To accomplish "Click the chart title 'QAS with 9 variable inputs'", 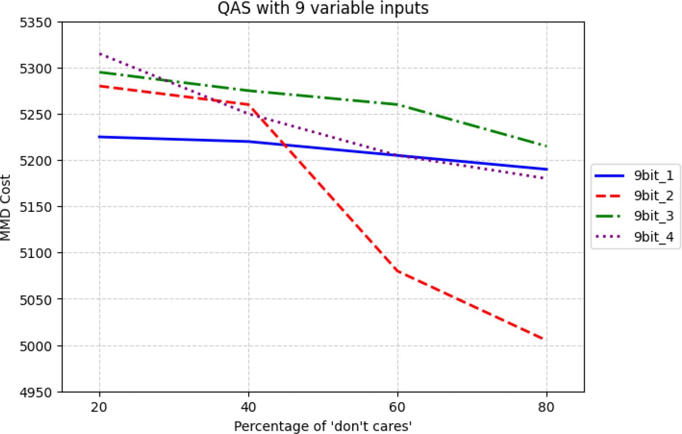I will pyautogui.click(x=323, y=8).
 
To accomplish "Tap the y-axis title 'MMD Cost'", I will pyautogui.click(x=6, y=208).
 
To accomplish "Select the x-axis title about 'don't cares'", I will pyautogui.click(x=323, y=426).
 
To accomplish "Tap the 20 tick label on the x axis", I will pyautogui.click(x=99, y=407).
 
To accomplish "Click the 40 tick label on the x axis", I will pyautogui.click(x=248, y=407).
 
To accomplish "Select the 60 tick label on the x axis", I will pyautogui.click(x=397, y=407).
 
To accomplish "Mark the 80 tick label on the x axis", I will pyautogui.click(x=547, y=407).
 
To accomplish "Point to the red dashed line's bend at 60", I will pyautogui.click(x=397, y=271).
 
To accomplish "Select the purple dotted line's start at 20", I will pyautogui.click(x=99, y=53).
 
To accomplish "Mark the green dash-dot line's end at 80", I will pyautogui.click(x=546, y=146).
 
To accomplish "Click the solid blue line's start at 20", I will pyautogui.click(x=99, y=137).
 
